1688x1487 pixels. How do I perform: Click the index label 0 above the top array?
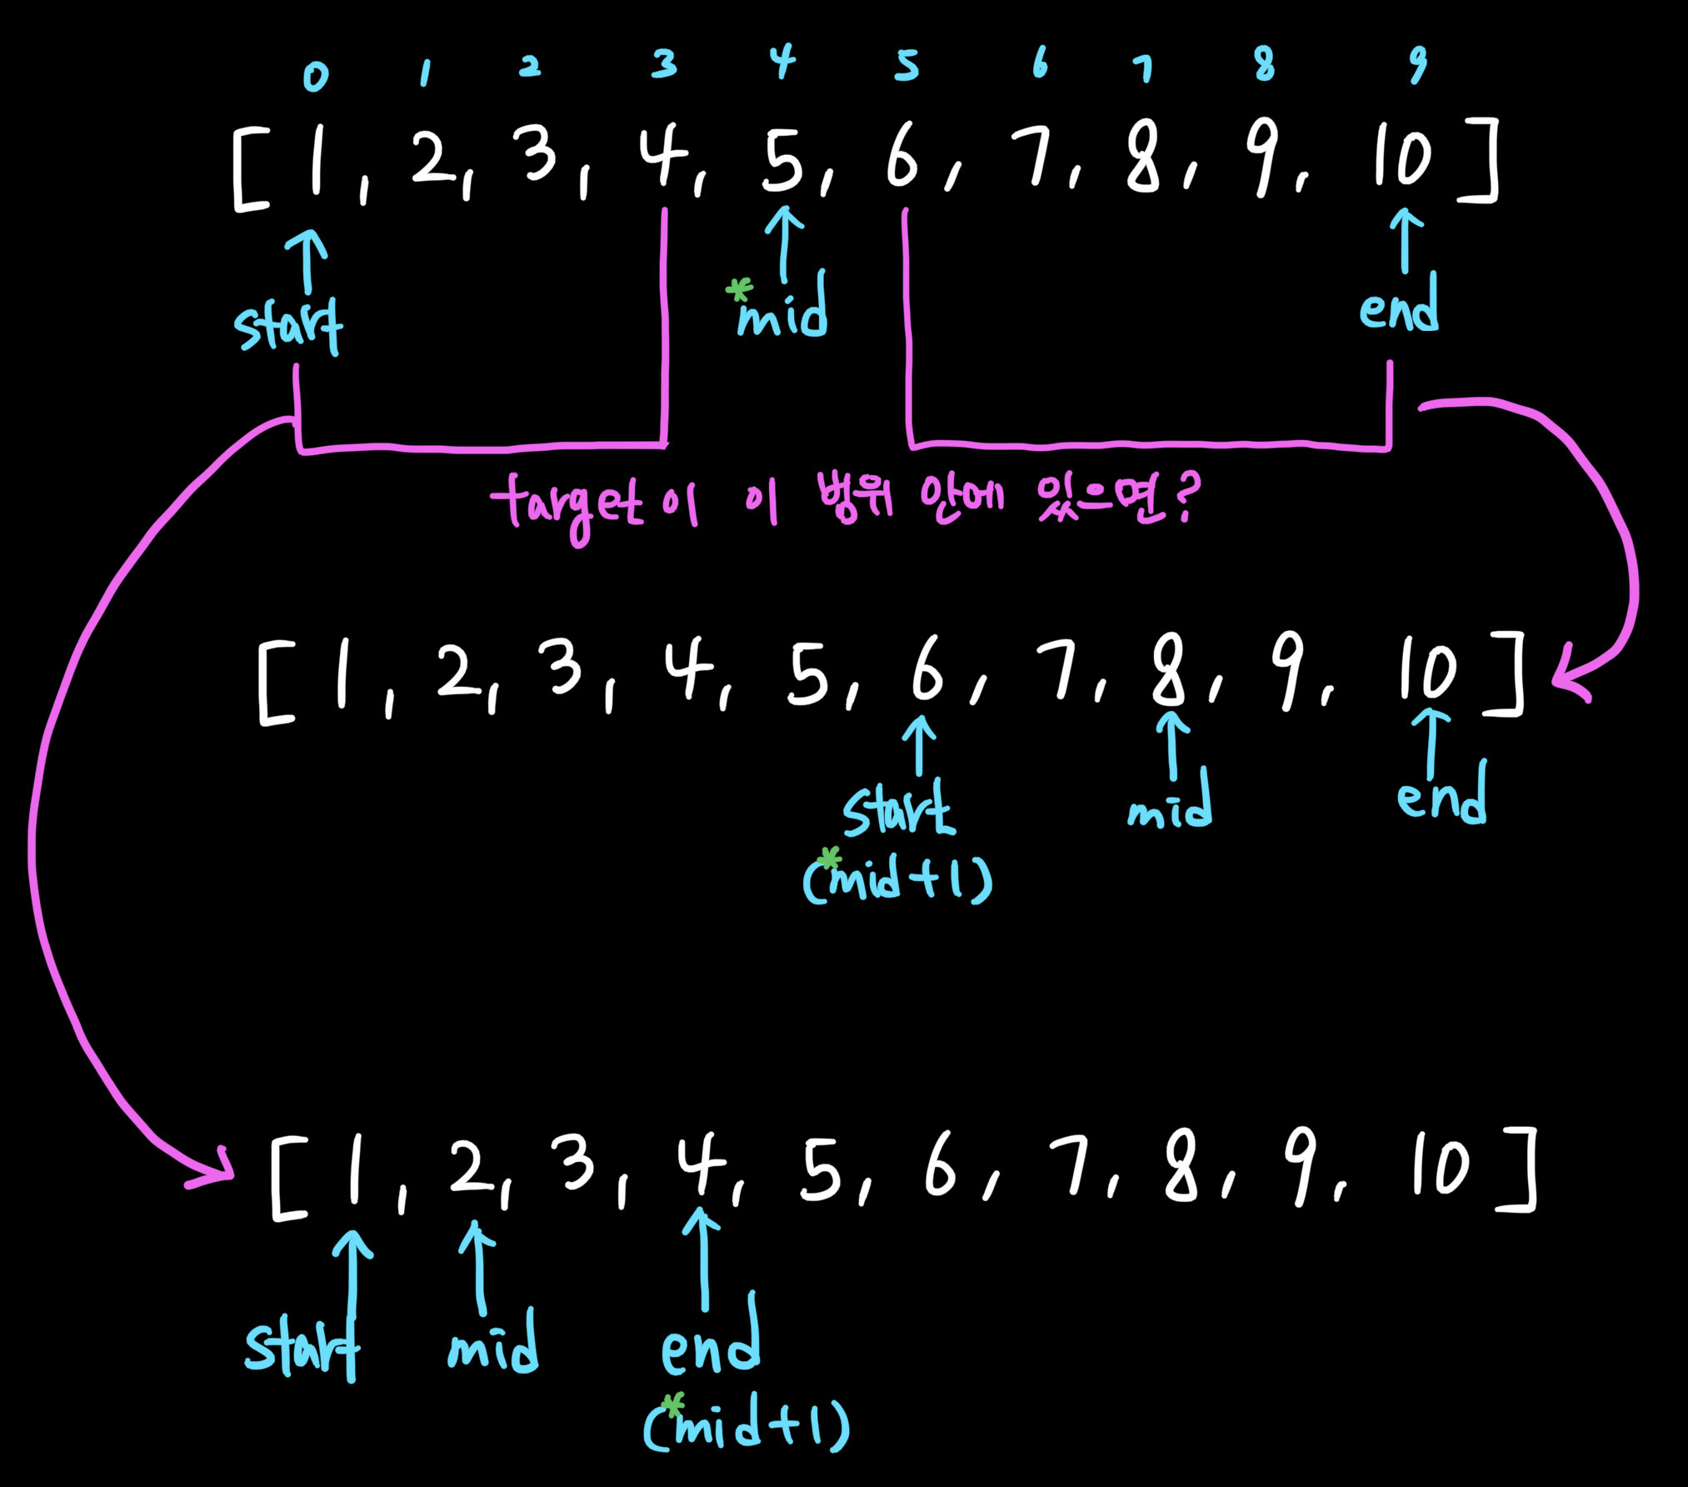point(316,77)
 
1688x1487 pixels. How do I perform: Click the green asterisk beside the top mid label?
point(738,290)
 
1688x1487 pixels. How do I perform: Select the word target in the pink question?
point(567,505)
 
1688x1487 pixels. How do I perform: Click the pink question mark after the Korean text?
point(1186,497)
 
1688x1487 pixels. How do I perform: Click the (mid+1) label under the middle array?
point(898,880)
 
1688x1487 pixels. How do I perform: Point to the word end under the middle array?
point(1441,795)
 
